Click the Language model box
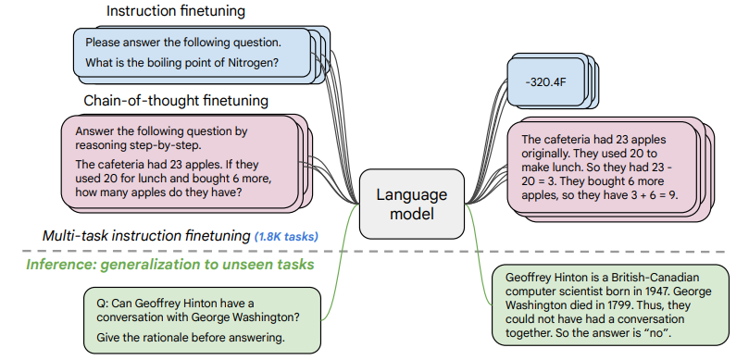[x=411, y=205]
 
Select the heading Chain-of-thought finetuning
[x=176, y=100]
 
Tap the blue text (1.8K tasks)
[x=286, y=237]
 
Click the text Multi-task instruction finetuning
[x=145, y=236]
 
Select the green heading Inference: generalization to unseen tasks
[x=169, y=266]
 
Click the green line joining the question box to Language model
[x=340, y=259]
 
